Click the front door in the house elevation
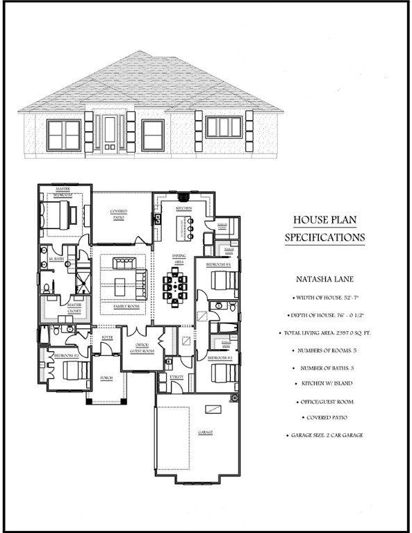pos(110,133)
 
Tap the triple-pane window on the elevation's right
pos(222,127)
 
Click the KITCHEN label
pos(183,208)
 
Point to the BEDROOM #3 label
pos(219,357)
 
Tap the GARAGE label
pos(205,432)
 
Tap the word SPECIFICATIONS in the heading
pos(324,237)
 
